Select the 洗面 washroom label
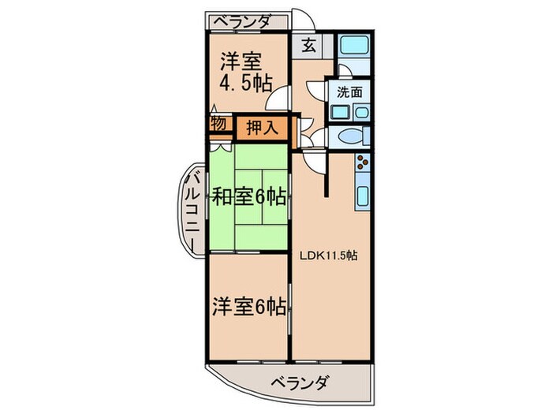tap(350, 91)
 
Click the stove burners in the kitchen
tap(364, 164)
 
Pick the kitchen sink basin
tap(364, 197)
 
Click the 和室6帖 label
tap(247, 196)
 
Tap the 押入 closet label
tap(261, 127)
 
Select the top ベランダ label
tap(244, 21)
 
